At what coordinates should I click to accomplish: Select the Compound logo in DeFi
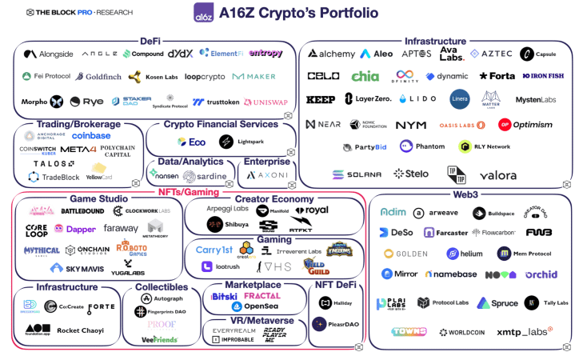143,54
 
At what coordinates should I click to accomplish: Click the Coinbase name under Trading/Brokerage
91,136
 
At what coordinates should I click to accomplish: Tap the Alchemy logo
331,54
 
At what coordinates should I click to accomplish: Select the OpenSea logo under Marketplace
256,306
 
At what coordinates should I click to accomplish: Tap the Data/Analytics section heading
190,162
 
